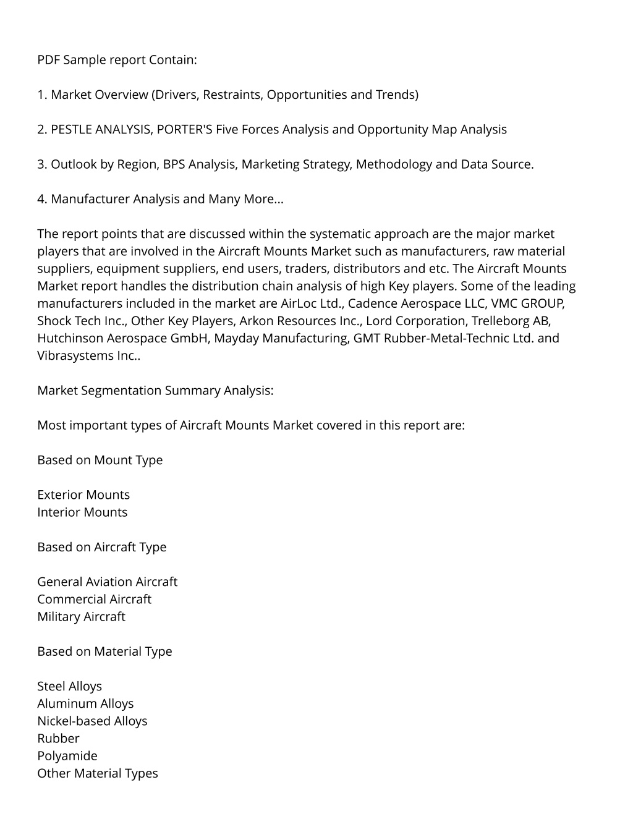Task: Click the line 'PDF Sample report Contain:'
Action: coord(117,60)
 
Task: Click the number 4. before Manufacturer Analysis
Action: coord(42,199)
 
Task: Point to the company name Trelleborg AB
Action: coord(511,321)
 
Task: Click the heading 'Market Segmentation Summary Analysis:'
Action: coord(155,391)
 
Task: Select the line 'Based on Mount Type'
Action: coord(100,460)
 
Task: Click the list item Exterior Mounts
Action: coord(83,495)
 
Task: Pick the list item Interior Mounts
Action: coord(82,512)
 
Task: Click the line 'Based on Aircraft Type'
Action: coord(101,547)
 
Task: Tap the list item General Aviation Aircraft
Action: coord(107,582)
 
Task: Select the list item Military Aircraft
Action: coord(81,617)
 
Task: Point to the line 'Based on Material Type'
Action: coord(104,651)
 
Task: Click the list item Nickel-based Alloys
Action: coord(92,721)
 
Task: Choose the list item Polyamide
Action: coord(67,756)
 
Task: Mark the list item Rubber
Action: coord(58,739)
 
